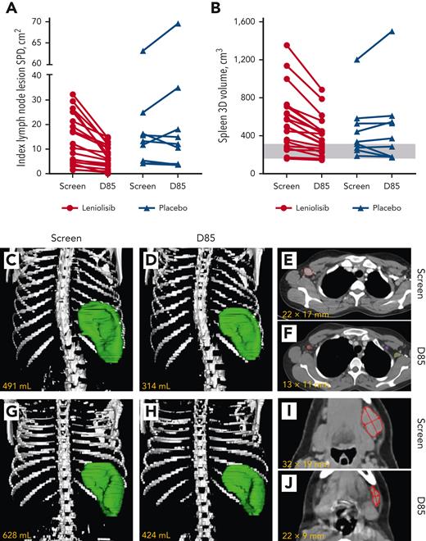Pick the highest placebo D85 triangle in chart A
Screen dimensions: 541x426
[x=177, y=24]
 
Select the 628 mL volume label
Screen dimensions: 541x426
[x=17, y=534]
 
